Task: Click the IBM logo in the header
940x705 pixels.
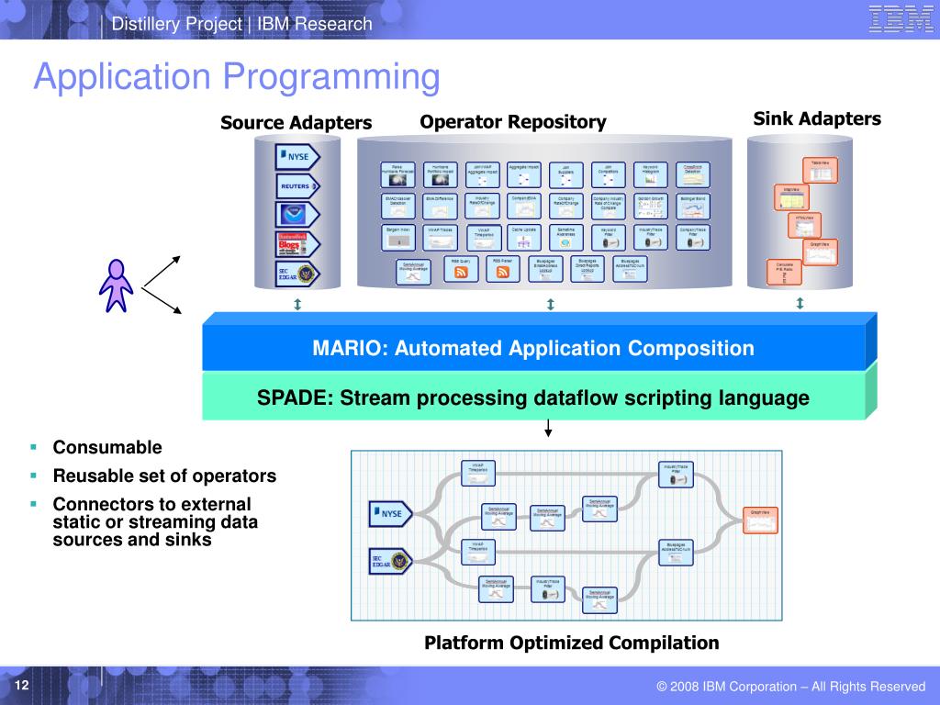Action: point(901,19)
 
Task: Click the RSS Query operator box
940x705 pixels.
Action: point(462,268)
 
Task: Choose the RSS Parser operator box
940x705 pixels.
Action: point(503,268)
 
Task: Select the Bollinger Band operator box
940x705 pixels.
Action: point(693,204)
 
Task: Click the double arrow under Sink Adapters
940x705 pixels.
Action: point(800,304)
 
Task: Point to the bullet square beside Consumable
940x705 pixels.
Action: point(33,448)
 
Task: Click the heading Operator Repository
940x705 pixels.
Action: point(513,122)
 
